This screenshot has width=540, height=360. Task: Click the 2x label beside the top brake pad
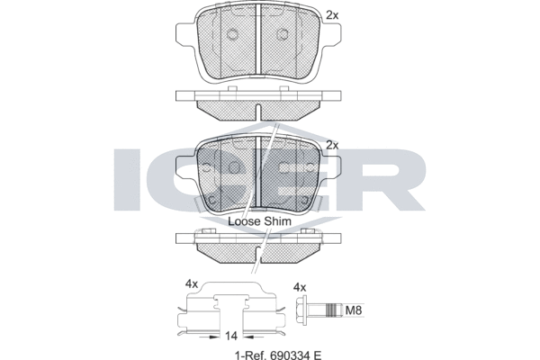(x=332, y=15)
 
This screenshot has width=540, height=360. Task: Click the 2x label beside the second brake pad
(x=332, y=145)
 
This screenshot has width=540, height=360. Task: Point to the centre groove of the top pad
(x=258, y=40)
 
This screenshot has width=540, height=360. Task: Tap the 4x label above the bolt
(x=301, y=287)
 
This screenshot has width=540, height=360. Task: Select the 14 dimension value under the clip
(x=231, y=335)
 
